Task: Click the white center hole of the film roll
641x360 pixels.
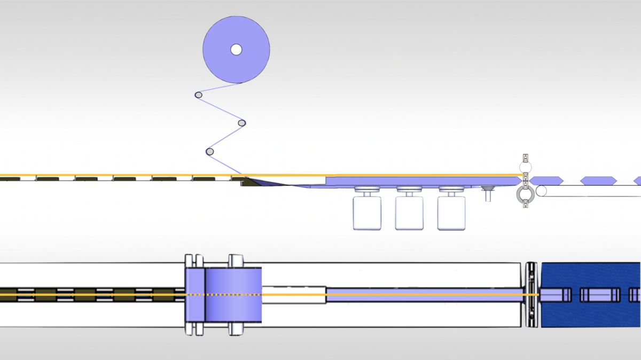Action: click(236, 50)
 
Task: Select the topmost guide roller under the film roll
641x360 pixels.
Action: click(198, 95)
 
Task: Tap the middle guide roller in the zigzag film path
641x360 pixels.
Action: click(242, 123)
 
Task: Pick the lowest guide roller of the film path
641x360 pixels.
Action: click(210, 152)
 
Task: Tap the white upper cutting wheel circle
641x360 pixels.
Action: click(526, 167)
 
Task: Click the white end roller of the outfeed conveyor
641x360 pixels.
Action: click(542, 191)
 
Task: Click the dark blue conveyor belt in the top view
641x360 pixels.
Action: click(588, 315)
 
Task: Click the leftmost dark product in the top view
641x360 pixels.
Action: click(7, 294)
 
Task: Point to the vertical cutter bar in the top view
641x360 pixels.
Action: click(531, 295)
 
